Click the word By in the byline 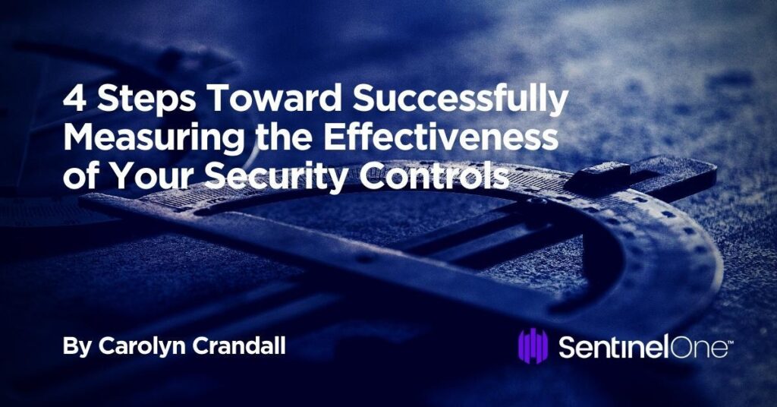[75, 348]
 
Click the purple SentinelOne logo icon [533, 346]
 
